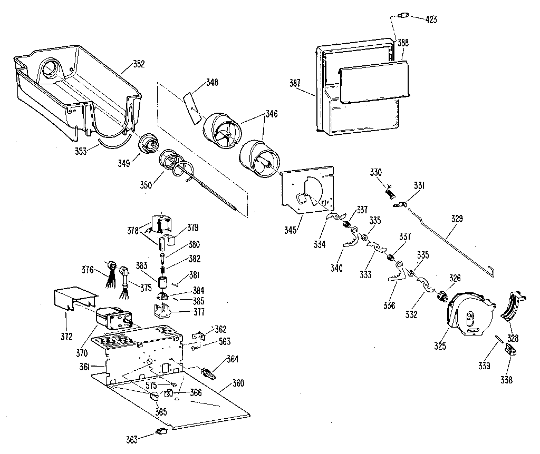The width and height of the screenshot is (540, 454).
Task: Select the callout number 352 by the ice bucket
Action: click(x=139, y=64)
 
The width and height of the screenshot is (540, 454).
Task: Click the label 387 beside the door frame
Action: click(x=295, y=83)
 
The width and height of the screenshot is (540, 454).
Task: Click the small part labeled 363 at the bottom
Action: click(x=161, y=432)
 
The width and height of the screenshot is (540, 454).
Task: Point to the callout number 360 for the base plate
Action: click(x=238, y=383)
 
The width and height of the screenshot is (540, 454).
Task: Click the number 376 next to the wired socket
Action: click(x=88, y=270)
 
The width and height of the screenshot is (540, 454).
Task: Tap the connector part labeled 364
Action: click(x=209, y=373)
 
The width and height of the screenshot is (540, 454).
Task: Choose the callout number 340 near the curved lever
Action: click(x=337, y=268)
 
